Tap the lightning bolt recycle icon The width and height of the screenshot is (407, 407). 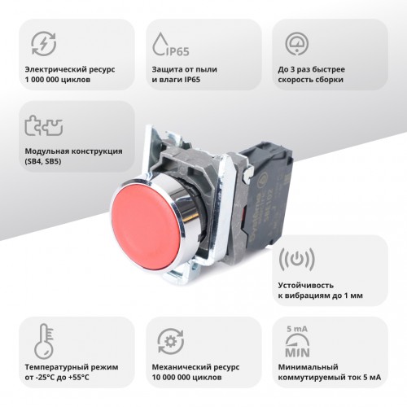tap(44, 44)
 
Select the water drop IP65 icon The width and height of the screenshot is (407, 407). tap(171, 45)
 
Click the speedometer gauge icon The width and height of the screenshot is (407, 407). tap(297, 44)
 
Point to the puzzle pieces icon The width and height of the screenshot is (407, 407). tap(44, 125)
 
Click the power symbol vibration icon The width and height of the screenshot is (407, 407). tap(297, 259)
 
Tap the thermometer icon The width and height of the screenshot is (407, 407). tap(44, 341)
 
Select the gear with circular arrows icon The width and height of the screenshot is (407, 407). tap(171, 341)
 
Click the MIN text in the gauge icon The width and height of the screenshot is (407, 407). tap(297, 352)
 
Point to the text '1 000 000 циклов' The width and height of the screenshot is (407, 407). tap(58, 80)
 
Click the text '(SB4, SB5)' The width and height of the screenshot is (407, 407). tap(43, 161)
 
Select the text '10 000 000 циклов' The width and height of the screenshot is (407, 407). tap(186, 378)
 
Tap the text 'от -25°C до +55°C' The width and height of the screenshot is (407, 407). tap(57, 378)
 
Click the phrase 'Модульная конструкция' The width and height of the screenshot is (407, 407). tap(73, 151)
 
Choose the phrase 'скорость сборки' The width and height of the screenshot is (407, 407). tap(311, 80)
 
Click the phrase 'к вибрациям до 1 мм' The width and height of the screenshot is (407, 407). tap(320, 295)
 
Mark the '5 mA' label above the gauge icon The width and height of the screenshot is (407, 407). tap(297, 329)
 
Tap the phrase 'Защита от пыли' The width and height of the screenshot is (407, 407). tap(185, 69)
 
